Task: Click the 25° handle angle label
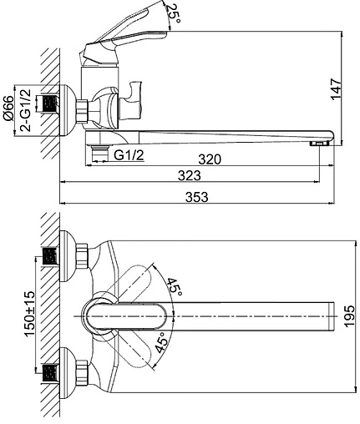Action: pyautogui.click(x=174, y=14)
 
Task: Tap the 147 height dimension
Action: pyautogui.click(x=336, y=88)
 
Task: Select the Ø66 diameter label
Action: pyautogui.click(x=8, y=108)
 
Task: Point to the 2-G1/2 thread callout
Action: pyautogui.click(x=25, y=110)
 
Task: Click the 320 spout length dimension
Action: pyautogui.click(x=210, y=159)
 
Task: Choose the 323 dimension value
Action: pyautogui.click(x=190, y=175)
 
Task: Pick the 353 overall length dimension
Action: pyautogui.click(x=197, y=197)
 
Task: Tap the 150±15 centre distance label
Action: pyautogui.click(x=29, y=314)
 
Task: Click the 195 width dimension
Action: pyautogui.click(x=349, y=316)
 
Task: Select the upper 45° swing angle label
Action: pyautogui.click(x=175, y=287)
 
